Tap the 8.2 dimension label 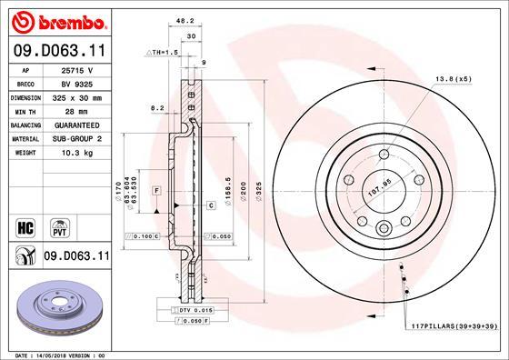pos(156,108)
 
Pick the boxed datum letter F pos(156,189)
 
